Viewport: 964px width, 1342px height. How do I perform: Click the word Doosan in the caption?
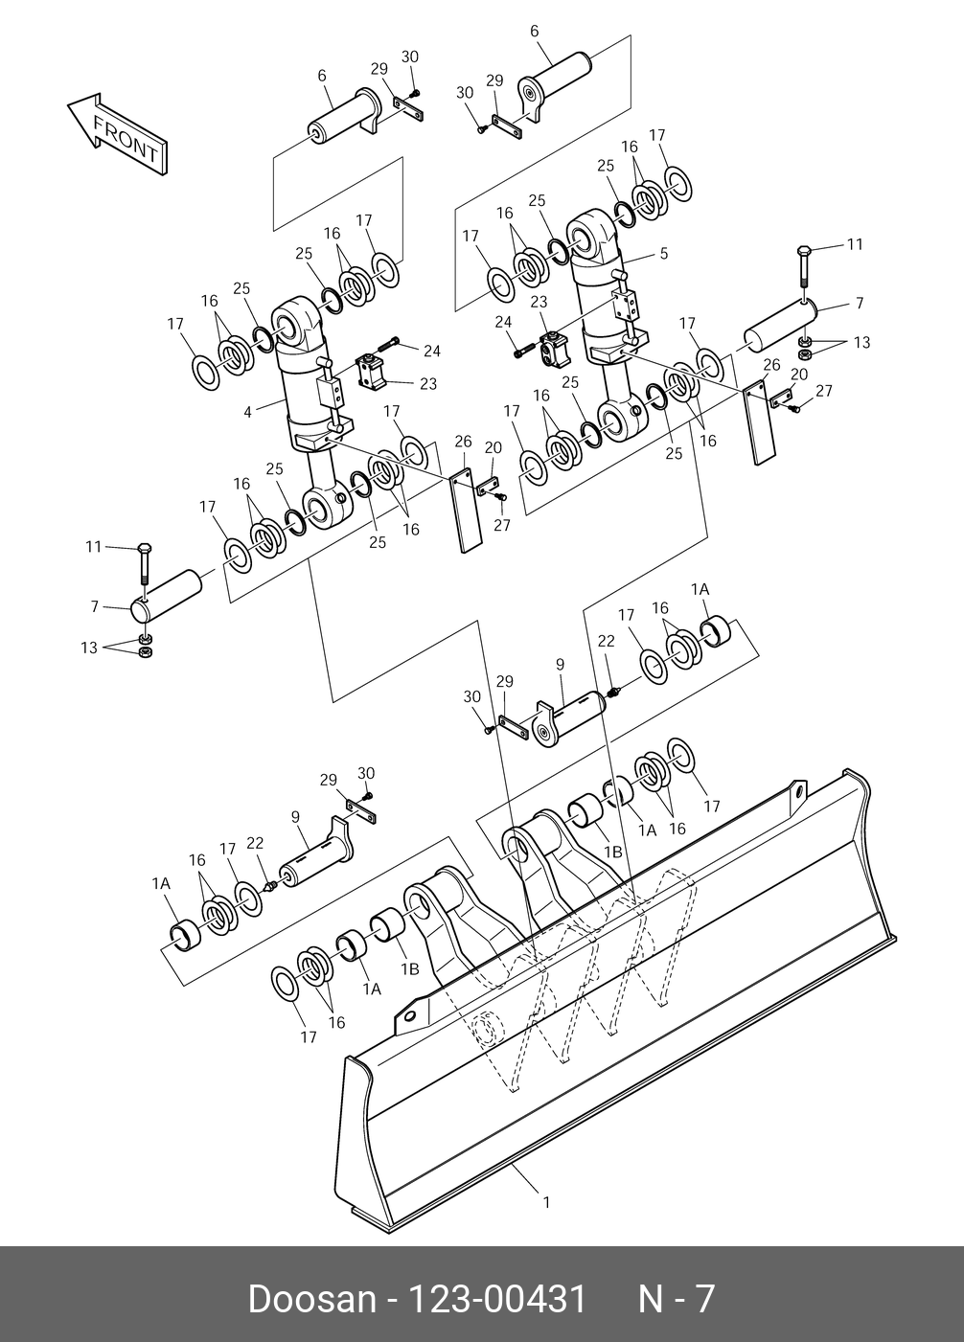click(310, 1300)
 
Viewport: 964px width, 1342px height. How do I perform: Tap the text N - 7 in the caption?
click(677, 1300)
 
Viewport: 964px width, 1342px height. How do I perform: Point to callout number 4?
click(248, 412)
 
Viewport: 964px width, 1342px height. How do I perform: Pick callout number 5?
click(663, 254)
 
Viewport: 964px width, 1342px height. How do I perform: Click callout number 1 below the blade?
click(546, 1202)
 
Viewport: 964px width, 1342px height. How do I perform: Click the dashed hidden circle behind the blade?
click(489, 1028)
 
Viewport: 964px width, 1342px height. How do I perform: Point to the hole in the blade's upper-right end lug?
click(796, 790)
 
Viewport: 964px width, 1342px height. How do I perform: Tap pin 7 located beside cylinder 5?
click(781, 323)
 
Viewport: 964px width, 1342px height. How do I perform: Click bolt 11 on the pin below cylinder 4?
click(143, 565)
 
